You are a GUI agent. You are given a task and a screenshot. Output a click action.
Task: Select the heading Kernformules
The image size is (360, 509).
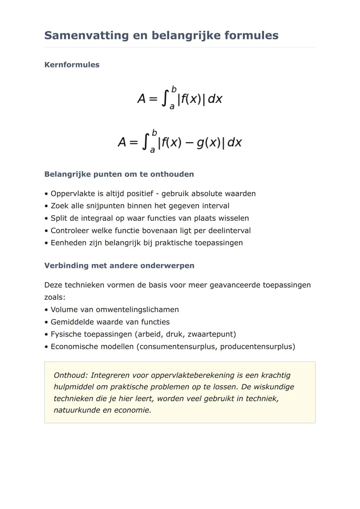[x=72, y=65]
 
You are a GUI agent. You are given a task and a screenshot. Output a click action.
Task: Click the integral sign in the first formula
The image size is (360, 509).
[x=164, y=99]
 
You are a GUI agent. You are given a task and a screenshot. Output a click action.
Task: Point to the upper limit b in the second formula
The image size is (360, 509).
[x=154, y=133]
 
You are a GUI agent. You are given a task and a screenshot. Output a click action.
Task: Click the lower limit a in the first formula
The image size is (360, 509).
[x=172, y=107]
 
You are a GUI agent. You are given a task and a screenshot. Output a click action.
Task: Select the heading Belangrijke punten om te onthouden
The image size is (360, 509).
[x=119, y=174]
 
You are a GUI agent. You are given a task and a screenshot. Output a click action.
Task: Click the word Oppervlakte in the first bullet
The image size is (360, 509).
[x=73, y=194]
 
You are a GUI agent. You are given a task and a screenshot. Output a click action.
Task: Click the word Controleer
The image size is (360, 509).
[x=71, y=231]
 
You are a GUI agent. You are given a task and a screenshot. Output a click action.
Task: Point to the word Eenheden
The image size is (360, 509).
[x=68, y=243]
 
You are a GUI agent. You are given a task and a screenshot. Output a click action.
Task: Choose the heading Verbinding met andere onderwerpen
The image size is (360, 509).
[x=119, y=266]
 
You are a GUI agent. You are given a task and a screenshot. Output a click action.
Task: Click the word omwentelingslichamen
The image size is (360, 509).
[x=137, y=310]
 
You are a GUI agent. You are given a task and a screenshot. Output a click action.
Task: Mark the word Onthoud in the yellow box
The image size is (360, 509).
[x=70, y=375]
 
